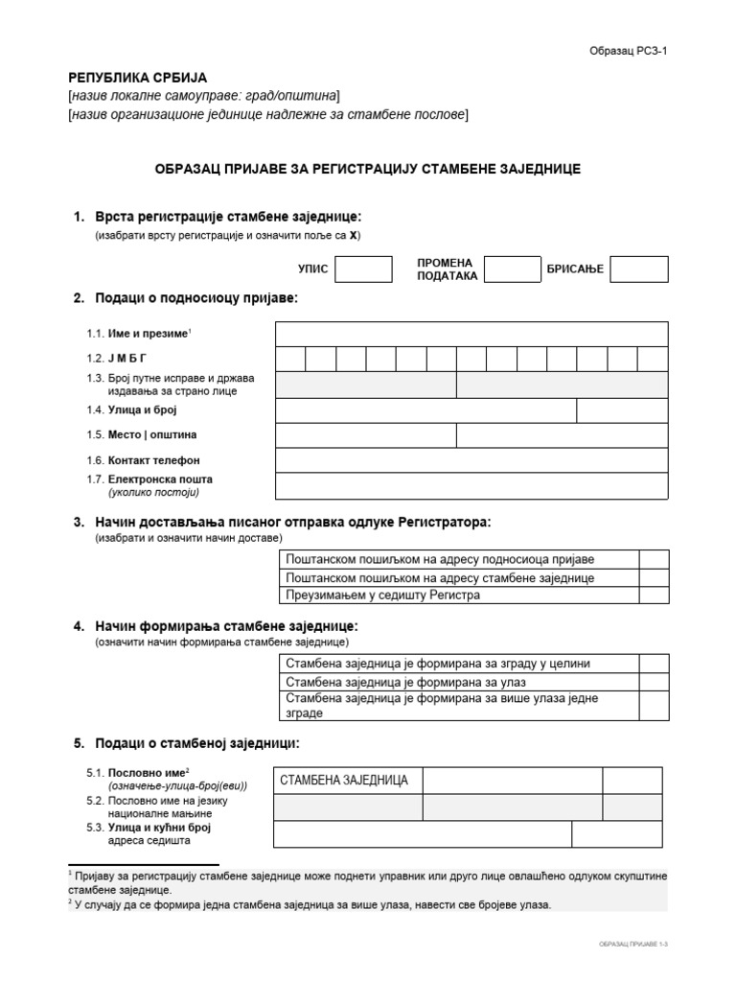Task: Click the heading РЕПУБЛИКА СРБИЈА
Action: tap(137, 78)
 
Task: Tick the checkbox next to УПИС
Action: tap(363, 269)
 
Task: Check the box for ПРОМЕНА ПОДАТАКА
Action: tap(513, 269)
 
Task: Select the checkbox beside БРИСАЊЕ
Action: tap(639, 269)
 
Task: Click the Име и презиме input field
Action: tap(471, 334)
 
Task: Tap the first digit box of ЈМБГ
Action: tap(291, 360)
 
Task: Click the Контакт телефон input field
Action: tap(471, 460)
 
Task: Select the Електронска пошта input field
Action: tap(471, 486)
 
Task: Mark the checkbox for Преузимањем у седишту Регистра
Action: tap(654, 596)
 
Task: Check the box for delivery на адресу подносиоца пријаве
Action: tap(654, 560)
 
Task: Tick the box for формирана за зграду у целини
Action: tap(654, 664)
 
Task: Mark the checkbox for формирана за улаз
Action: tap(654, 682)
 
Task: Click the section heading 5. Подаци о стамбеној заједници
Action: tap(196, 743)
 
